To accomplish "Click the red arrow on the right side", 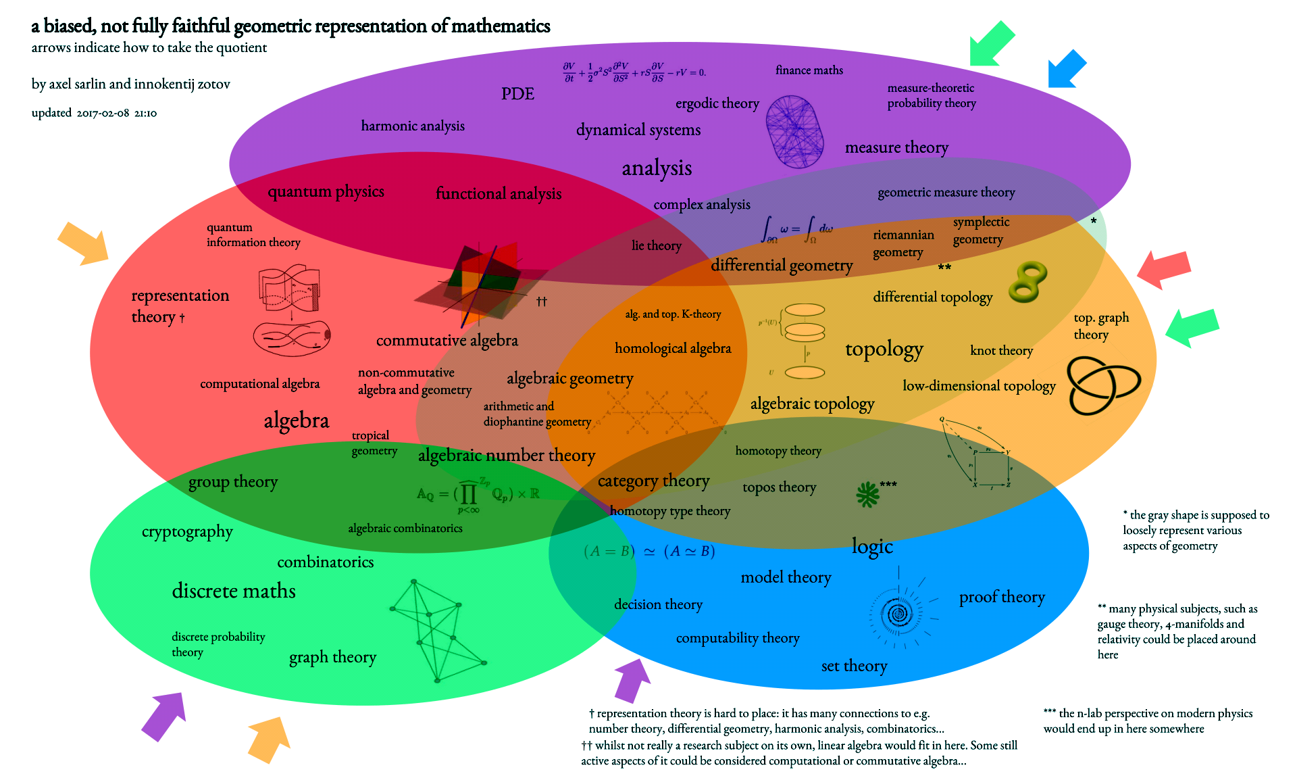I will (x=1163, y=268).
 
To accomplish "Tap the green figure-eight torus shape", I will (x=1027, y=281).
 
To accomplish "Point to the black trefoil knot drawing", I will (x=1103, y=385).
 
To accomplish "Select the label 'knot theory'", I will (x=1001, y=350).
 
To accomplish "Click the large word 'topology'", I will (x=884, y=349).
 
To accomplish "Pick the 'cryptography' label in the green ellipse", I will (x=187, y=532).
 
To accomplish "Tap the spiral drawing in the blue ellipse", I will (x=898, y=614).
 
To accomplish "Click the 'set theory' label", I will (x=854, y=666).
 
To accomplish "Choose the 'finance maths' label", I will (x=809, y=70).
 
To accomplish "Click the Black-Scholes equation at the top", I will (x=634, y=72).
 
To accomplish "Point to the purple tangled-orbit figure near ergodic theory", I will (x=795, y=132).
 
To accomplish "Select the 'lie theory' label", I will (x=656, y=245).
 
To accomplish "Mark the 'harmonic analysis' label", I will (x=413, y=126).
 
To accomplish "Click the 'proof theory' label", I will (x=1002, y=597).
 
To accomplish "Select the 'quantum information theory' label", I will (x=253, y=235).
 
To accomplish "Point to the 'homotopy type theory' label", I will (x=669, y=511).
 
